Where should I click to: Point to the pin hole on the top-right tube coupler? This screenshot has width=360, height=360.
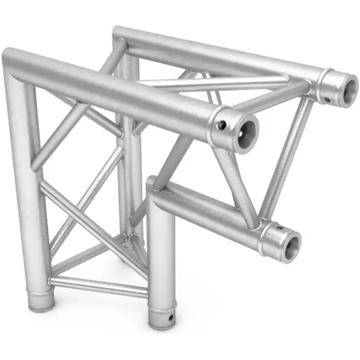(328, 99)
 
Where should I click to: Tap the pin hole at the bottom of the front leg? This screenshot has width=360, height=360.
(170, 319)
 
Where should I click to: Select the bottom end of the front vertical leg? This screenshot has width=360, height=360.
(162, 324)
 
